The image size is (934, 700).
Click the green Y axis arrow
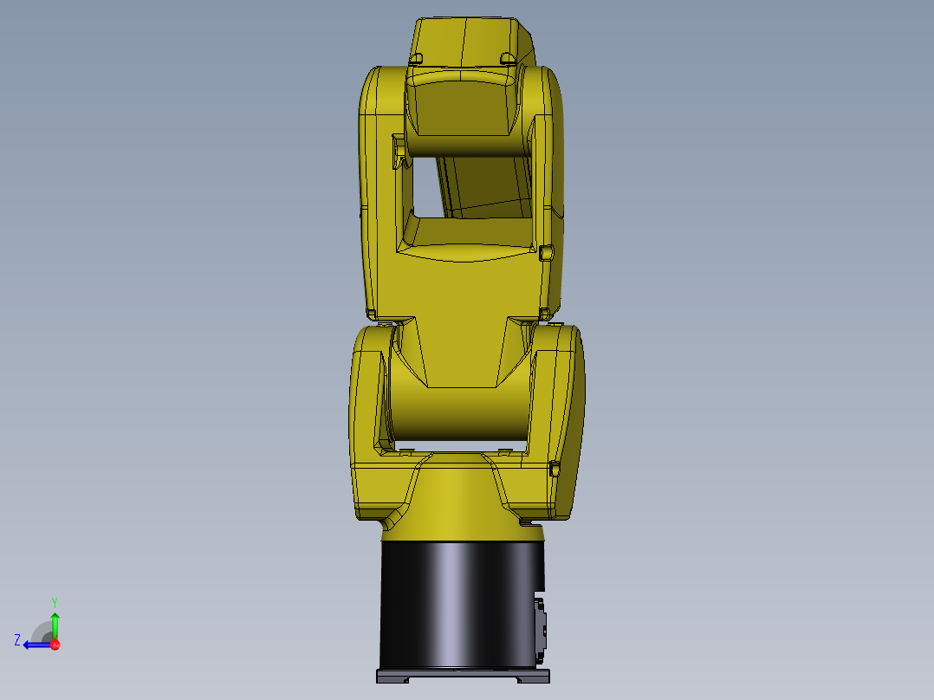pyautogui.click(x=55, y=624)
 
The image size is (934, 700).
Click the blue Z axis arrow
pyautogui.click(x=35, y=645)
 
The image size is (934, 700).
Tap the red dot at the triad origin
pyautogui.click(x=55, y=645)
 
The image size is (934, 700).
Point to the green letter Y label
pyautogui.click(x=55, y=600)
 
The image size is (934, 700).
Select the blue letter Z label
pyautogui.click(x=17, y=639)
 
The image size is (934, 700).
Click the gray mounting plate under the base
pyautogui.click(x=463, y=676)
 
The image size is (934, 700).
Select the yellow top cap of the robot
pyautogui.click(x=468, y=39)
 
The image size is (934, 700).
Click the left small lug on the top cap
pyautogui.click(x=416, y=58)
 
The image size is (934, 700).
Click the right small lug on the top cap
pyautogui.click(x=508, y=58)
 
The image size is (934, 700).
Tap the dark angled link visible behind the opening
pyautogui.click(x=485, y=186)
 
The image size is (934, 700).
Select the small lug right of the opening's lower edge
pyautogui.click(x=546, y=252)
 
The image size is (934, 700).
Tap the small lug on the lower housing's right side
pyautogui.click(x=555, y=469)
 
